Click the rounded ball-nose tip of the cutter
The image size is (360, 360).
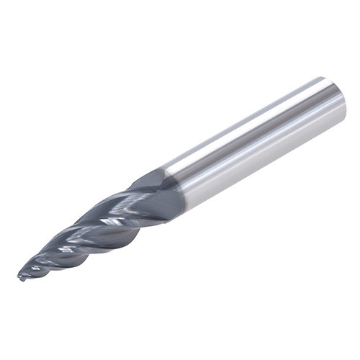20,275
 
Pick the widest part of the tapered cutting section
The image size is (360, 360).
162,194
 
